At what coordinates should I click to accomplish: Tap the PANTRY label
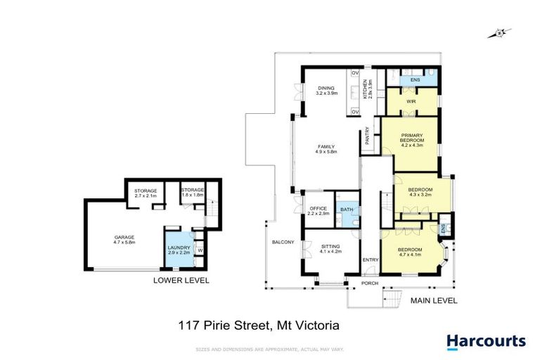pos(368,136)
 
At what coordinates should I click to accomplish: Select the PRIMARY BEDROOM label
pos(411,141)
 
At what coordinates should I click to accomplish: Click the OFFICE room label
pos(316,210)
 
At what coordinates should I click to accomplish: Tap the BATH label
pos(346,210)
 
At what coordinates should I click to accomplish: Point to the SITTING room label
pos(330,248)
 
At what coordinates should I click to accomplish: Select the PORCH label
pos(370,285)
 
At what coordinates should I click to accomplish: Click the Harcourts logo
pos(487,341)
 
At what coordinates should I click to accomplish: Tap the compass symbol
pos(501,32)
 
